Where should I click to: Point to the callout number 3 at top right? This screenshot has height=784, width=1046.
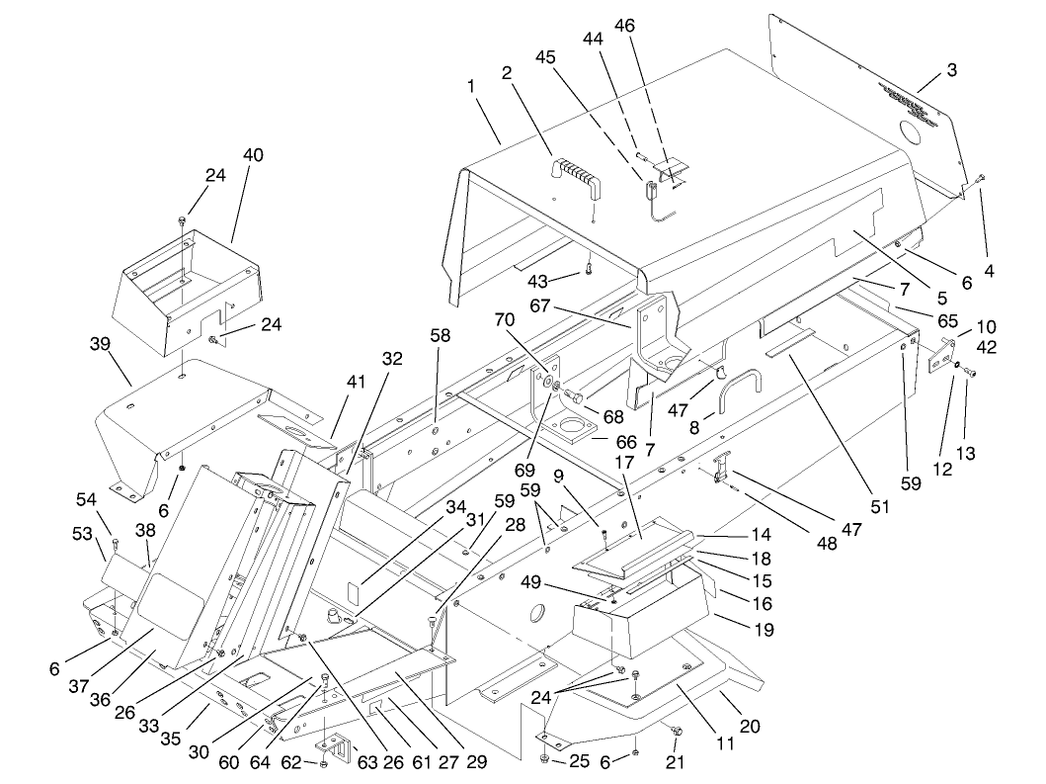click(x=951, y=70)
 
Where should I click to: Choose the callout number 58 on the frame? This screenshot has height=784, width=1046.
click(x=440, y=335)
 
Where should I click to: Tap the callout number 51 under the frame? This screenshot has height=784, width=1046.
click(x=878, y=506)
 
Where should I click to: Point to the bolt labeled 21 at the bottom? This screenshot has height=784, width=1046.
click(x=675, y=732)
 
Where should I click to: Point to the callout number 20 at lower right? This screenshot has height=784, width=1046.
click(x=750, y=727)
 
